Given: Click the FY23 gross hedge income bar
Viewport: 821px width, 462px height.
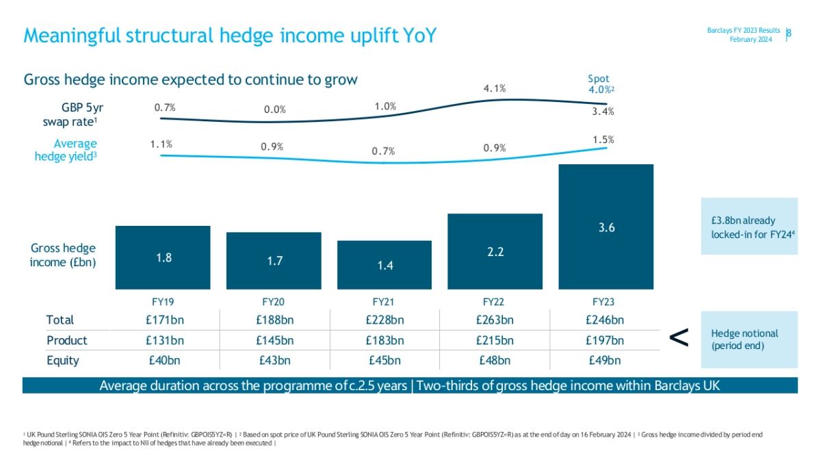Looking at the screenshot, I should tap(606, 227).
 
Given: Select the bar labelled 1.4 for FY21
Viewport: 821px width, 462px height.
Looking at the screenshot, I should tap(385, 265).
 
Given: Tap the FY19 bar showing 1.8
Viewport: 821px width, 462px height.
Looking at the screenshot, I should tap(163, 257).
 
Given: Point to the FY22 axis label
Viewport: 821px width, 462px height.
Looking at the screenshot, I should tap(495, 300).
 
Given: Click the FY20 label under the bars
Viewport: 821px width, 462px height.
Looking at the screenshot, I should tap(274, 300).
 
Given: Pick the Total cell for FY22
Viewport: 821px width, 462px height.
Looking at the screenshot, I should tap(495, 320).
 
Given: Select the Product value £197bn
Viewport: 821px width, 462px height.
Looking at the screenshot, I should tap(605, 340).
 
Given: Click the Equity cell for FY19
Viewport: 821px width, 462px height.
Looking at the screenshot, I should tap(164, 361).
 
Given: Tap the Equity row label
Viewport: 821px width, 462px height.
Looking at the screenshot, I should tap(62, 361).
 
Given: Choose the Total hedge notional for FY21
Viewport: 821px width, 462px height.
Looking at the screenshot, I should tap(385, 320).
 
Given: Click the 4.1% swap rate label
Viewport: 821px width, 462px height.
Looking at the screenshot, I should tap(494, 88).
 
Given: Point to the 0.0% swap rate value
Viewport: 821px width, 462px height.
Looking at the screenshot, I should tap(274, 110).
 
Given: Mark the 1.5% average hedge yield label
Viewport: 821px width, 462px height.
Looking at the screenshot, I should tap(603, 140).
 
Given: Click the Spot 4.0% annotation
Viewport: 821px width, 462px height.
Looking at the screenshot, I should tap(600, 84).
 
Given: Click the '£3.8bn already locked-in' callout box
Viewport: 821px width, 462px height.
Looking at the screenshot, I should tap(749, 227).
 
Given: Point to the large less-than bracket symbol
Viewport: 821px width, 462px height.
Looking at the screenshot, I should tap(678, 337).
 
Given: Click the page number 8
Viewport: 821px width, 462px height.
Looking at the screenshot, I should tap(789, 34).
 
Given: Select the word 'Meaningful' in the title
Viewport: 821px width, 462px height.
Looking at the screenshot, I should tap(66, 36).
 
